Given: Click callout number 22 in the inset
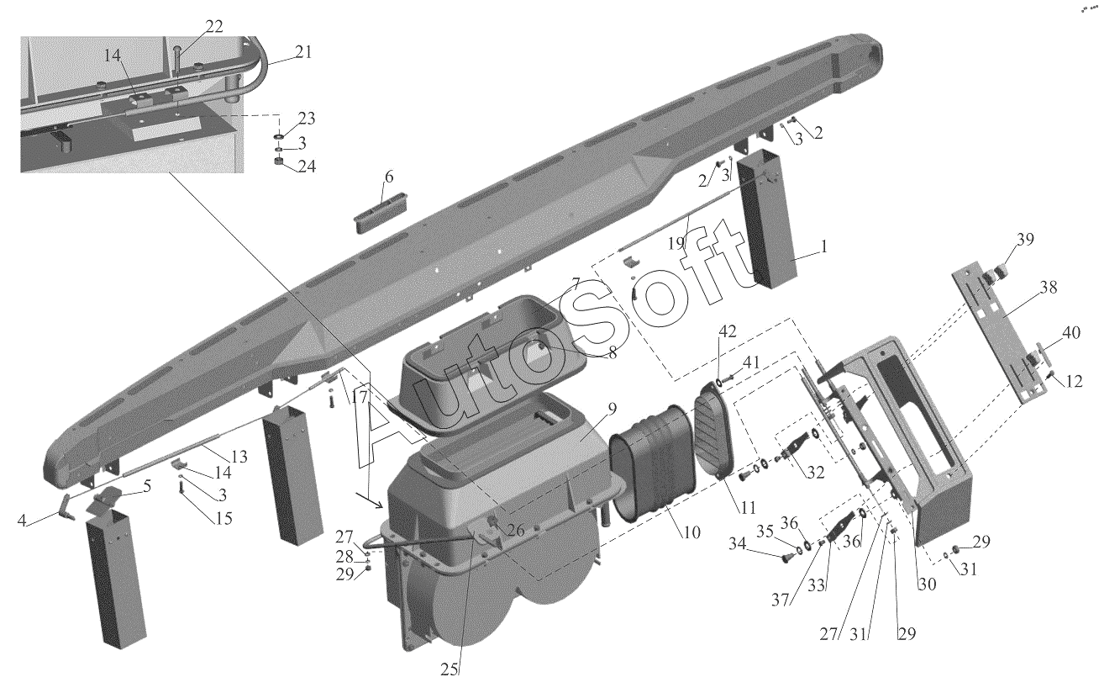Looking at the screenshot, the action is (214, 26).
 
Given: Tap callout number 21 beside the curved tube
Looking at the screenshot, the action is (303, 51).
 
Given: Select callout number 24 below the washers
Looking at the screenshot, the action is (307, 166).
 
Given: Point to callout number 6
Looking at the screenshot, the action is (389, 177).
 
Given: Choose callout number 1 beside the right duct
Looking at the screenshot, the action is (824, 246).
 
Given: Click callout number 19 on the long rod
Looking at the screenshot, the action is (676, 242).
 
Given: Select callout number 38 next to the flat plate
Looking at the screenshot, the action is (1049, 287).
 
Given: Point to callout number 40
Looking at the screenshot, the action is (1071, 332).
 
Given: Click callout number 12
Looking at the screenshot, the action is (1074, 381).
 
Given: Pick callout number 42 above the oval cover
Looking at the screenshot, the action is (728, 331).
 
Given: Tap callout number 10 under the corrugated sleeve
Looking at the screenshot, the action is (691, 532).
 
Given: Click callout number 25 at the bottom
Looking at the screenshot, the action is (450, 669).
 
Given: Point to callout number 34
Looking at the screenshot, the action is (737, 543).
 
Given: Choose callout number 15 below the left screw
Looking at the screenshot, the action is (223, 518).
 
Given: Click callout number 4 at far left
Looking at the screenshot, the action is (22, 520).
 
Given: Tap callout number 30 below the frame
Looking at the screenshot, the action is (927, 584).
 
